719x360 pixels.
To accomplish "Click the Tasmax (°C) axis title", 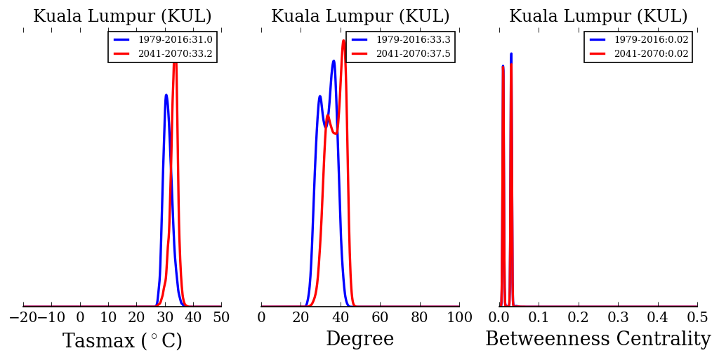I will click(x=122, y=341).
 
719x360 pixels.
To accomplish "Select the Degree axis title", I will click(x=359, y=340).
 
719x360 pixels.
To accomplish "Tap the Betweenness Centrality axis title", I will click(x=598, y=340).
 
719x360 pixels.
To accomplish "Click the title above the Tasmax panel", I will click(x=122, y=17).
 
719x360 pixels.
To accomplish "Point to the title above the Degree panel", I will click(x=360, y=17).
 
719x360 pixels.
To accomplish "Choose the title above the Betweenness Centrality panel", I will click(x=598, y=17).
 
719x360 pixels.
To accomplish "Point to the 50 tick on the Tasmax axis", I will click(x=221, y=317).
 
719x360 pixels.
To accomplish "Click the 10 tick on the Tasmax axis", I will click(x=108, y=317).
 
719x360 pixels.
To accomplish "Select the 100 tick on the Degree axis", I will click(x=459, y=317).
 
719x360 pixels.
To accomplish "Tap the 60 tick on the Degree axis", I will click(x=380, y=317).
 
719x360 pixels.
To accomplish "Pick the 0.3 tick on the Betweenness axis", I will click(x=618, y=317).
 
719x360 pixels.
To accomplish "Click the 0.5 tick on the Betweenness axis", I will click(x=697, y=317).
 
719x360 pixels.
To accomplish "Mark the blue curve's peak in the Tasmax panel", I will click(x=166, y=95).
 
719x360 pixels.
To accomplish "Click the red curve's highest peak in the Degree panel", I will click(x=343, y=40).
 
